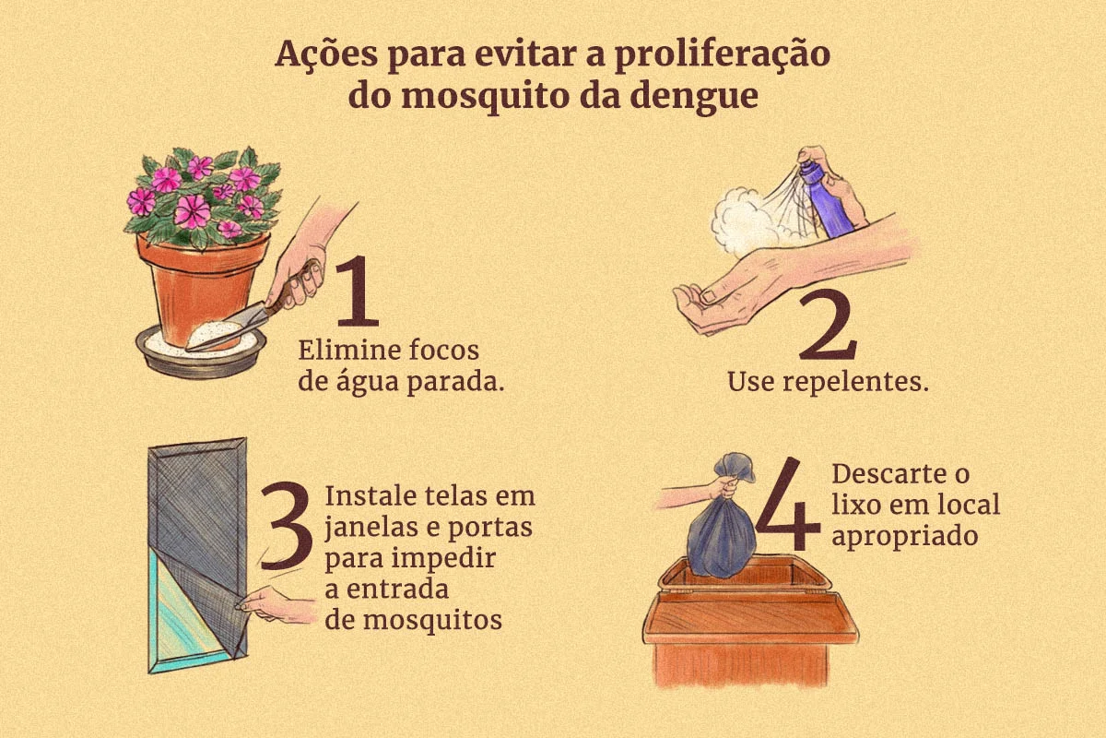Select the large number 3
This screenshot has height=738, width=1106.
[x=287, y=526]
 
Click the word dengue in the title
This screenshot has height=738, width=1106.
[x=694, y=97]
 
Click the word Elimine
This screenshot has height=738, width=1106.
[x=350, y=351]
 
